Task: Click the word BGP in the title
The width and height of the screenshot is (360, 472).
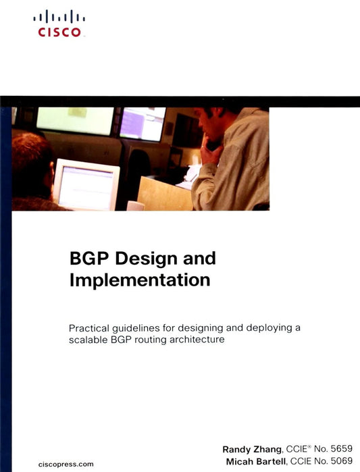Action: (90, 259)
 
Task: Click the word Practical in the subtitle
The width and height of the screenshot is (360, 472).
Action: (91, 328)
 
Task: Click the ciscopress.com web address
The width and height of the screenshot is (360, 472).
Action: (67, 463)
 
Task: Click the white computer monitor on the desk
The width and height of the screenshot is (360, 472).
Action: (86, 183)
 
